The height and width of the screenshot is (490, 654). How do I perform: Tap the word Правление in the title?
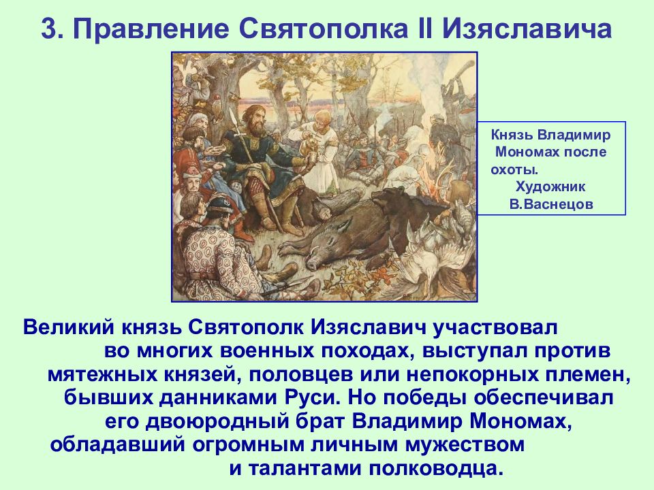(151, 29)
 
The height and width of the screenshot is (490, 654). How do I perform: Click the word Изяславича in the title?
(527, 29)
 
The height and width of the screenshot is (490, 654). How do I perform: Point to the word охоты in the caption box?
(512, 170)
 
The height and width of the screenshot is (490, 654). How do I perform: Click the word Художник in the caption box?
(550, 186)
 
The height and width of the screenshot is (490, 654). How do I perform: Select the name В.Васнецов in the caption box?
(551, 204)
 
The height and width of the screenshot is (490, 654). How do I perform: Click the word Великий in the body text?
(68, 327)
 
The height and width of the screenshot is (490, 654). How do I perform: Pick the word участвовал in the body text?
(495, 328)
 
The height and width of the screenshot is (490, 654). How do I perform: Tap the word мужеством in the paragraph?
(464, 444)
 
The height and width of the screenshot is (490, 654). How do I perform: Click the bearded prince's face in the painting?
(254, 119)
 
